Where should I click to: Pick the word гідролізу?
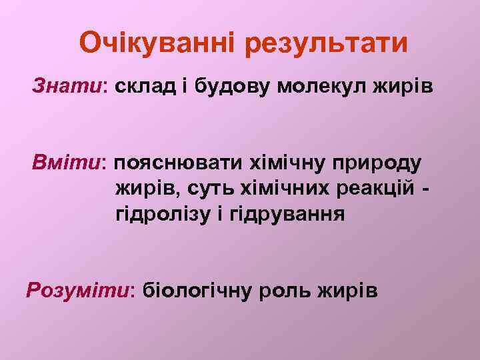[x=160, y=215]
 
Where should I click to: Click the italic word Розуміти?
[x=79, y=291]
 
